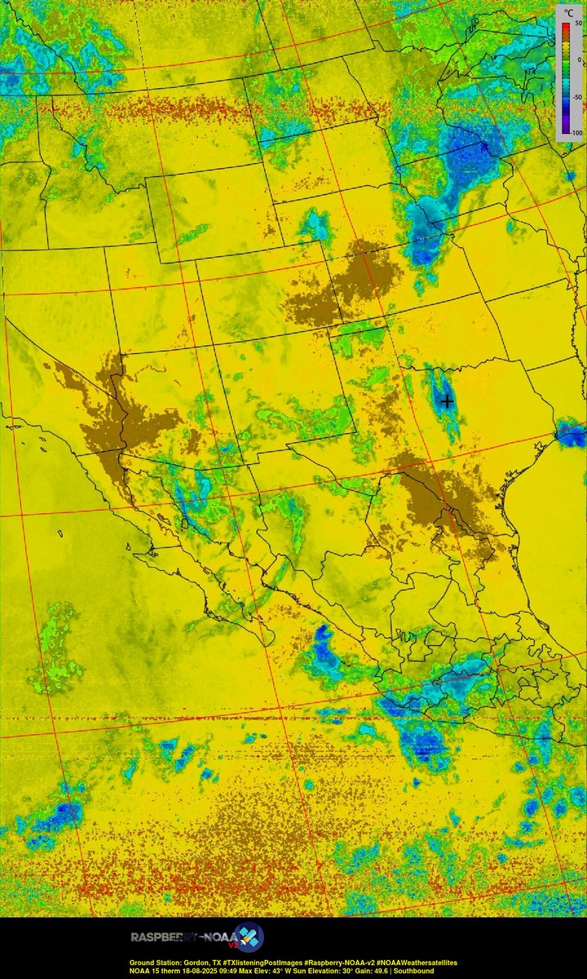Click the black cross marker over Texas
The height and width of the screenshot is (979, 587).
(447, 401)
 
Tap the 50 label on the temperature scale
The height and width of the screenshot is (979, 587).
(576, 24)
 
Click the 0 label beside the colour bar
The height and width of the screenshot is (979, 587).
(578, 60)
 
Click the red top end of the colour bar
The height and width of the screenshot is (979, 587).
(563, 27)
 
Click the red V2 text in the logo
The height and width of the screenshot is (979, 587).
(233, 944)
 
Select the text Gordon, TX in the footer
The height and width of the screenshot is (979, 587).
(185, 963)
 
